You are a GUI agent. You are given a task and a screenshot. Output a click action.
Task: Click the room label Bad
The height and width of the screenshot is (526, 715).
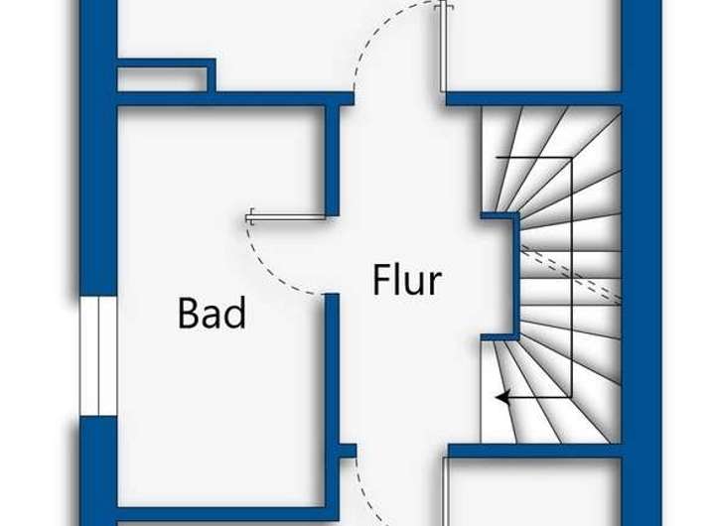[x=212, y=314]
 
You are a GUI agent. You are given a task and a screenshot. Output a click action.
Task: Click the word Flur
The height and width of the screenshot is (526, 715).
[x=407, y=280]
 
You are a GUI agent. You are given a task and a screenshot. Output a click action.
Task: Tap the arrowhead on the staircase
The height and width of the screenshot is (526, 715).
[x=503, y=397]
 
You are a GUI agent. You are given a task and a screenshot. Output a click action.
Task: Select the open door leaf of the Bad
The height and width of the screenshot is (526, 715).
[x=288, y=216]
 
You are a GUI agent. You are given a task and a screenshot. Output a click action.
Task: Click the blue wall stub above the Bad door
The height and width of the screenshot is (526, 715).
[x=333, y=159]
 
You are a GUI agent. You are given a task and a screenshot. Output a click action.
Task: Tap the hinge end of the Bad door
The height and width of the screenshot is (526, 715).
[x=251, y=215]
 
